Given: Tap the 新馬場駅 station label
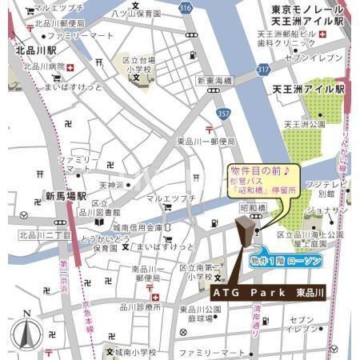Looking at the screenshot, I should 66,196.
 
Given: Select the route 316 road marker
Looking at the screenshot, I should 186,8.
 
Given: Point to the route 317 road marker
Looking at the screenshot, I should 263,70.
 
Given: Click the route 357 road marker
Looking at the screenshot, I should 224,115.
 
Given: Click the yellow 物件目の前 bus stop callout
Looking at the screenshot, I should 263,182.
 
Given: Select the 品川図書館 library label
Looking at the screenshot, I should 101,213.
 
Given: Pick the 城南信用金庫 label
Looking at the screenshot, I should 141,226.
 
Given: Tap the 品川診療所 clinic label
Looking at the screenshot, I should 138,306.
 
